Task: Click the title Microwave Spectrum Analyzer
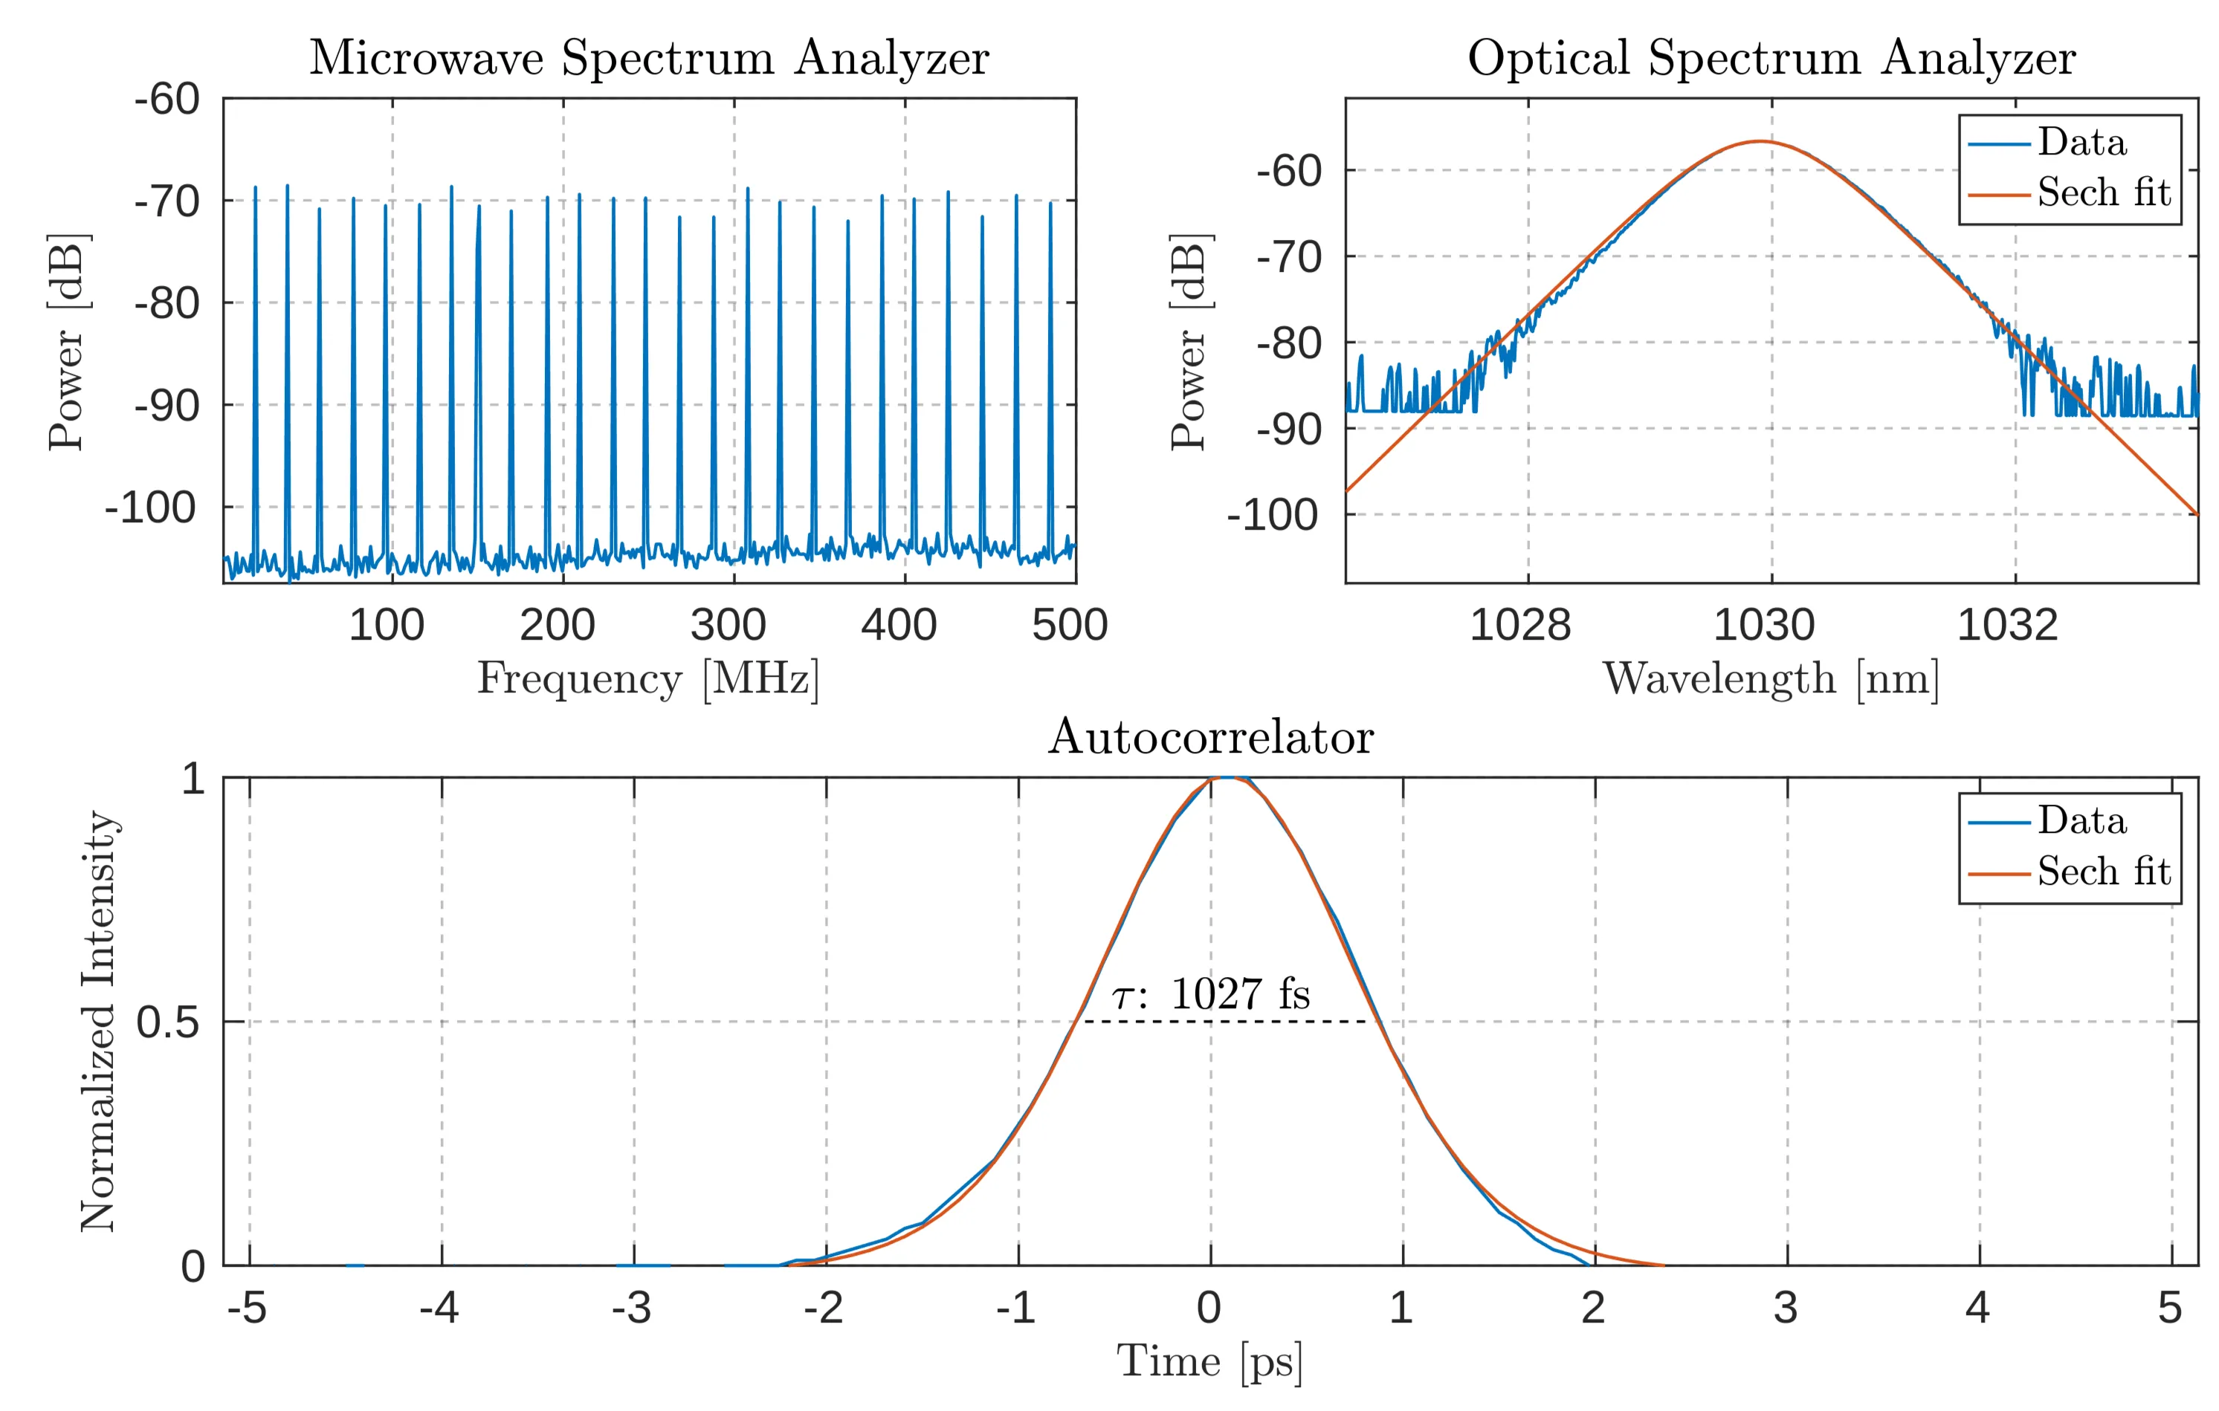pos(649,57)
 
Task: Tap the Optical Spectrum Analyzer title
pos(1771,57)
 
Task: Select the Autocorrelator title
pos(1210,737)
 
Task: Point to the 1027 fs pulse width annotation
pos(1211,995)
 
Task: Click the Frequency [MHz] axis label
pos(647,679)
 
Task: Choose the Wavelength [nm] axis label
pos(1771,679)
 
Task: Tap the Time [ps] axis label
pos(1210,1361)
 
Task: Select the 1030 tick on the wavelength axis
pos(1764,626)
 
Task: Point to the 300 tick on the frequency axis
pos(728,626)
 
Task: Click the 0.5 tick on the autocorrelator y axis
pos(168,1022)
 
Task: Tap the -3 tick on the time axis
pos(632,1308)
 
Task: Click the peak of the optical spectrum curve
pos(1760,142)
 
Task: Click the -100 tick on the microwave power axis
pos(150,507)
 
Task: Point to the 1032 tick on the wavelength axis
pos(2007,626)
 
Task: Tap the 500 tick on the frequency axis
pos(1070,626)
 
